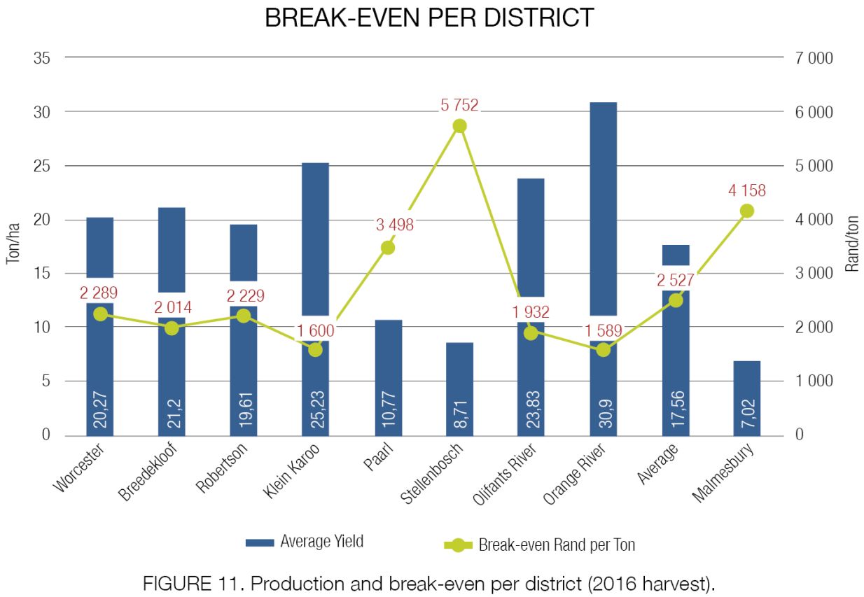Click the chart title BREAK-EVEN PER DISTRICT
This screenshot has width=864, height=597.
429,17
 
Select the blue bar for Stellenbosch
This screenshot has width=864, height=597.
459,389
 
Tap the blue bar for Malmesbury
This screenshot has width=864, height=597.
747,398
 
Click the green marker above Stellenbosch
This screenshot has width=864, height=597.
459,126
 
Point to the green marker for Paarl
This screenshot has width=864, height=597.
388,248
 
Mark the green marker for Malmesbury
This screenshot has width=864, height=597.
747,211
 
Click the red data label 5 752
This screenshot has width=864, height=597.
459,105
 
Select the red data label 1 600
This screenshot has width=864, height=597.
316,330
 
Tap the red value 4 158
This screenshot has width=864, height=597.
747,190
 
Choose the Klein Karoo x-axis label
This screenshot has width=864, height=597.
291,470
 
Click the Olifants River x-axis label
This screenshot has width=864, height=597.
504,474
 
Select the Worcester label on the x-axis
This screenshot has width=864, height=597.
78,468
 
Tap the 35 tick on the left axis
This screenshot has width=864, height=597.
41,58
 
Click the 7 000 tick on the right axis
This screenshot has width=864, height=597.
814,58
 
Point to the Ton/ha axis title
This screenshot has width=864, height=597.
13,244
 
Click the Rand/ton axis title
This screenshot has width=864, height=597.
852,244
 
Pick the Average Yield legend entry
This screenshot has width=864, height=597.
305,542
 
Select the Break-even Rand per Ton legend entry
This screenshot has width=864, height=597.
540,545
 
